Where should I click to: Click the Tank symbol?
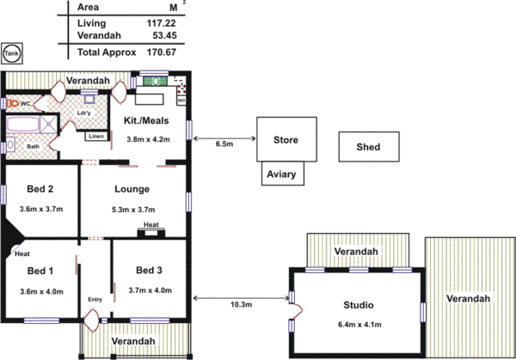(12, 52)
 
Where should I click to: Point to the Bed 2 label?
(40, 189)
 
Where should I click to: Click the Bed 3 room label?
(149, 271)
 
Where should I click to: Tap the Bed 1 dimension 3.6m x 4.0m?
(41, 291)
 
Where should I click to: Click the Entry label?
(95, 299)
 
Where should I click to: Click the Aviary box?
(281, 174)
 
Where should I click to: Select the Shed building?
(368, 147)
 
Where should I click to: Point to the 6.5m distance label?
(224, 144)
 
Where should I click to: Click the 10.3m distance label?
(243, 305)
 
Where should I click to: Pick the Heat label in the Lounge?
(150, 225)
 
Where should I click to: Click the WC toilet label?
(25, 103)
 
